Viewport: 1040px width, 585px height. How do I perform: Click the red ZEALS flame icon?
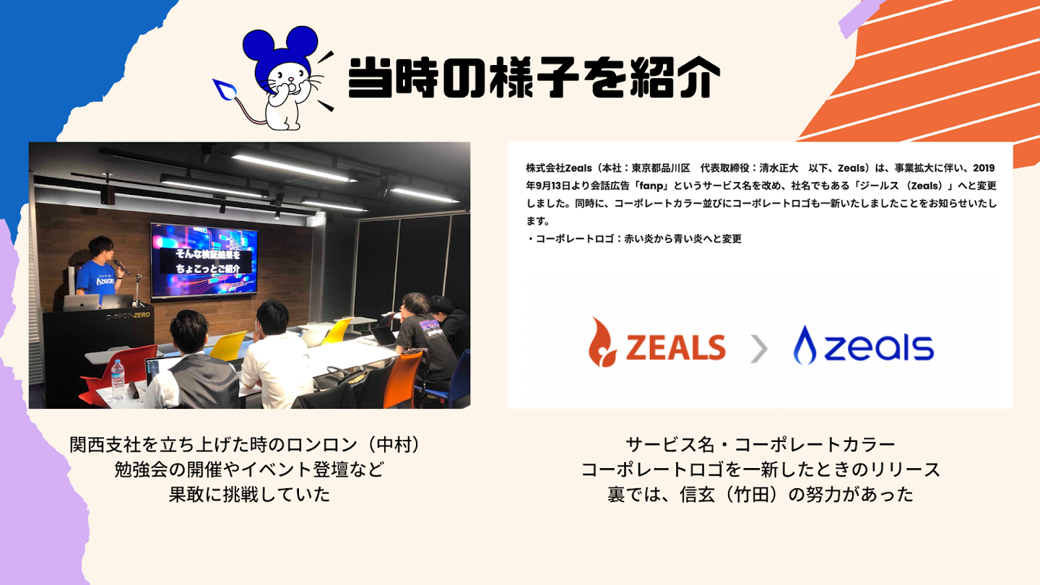tap(602, 342)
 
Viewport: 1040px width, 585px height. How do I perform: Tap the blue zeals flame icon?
tap(805, 345)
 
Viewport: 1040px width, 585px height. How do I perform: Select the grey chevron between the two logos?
tap(759, 349)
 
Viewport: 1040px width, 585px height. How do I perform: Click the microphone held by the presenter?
tap(121, 266)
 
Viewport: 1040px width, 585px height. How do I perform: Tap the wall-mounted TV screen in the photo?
tap(204, 261)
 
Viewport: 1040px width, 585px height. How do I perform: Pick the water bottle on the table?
tap(118, 379)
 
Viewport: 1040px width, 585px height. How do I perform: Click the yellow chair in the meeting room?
tap(228, 345)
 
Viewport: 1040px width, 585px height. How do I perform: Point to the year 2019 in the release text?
tap(984, 168)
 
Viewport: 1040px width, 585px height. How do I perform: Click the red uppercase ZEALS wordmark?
tap(675, 347)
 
